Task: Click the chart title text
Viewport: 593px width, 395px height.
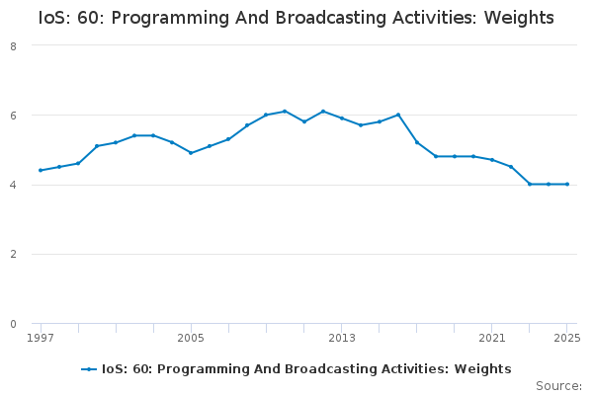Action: (x=296, y=18)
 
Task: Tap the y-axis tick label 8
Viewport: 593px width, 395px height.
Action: (x=14, y=45)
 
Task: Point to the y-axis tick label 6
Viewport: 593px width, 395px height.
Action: (x=14, y=116)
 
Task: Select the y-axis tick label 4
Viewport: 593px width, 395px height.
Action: (x=14, y=185)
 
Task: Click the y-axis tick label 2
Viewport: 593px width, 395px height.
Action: (x=14, y=255)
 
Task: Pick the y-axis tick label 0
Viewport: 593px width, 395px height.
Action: (x=14, y=324)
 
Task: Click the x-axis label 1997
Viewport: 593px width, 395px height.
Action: (x=41, y=338)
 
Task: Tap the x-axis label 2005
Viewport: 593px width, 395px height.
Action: (x=191, y=338)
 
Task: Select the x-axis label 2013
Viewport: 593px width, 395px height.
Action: (x=342, y=338)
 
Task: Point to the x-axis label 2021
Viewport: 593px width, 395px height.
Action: (x=492, y=338)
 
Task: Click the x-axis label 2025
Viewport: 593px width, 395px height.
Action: (x=567, y=338)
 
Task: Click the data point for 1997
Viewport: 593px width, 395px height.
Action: (x=41, y=170)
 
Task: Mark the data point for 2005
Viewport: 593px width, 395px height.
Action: (x=191, y=153)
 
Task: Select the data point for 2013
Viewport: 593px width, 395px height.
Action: (x=342, y=118)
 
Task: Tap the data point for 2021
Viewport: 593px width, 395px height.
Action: (x=492, y=160)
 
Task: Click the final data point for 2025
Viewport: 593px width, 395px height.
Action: (x=567, y=184)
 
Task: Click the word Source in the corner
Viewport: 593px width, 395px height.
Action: (x=557, y=386)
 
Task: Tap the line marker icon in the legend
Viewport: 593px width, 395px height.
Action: (x=89, y=369)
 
